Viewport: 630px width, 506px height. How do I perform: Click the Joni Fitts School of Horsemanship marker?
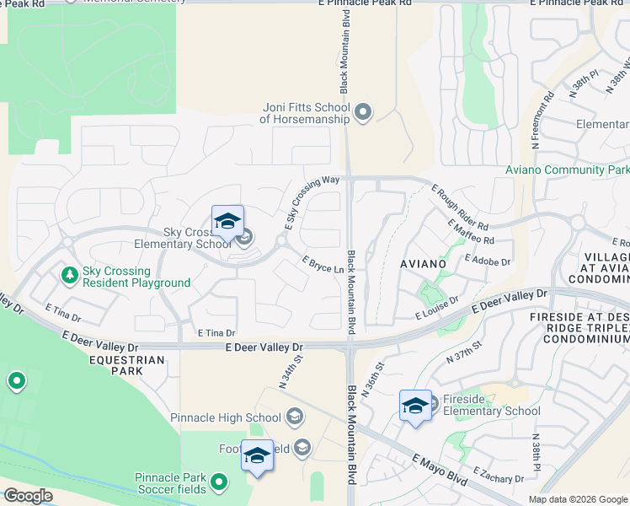click(x=364, y=112)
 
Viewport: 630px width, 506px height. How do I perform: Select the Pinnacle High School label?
click(x=226, y=417)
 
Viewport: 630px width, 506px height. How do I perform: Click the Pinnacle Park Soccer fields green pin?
click(x=219, y=482)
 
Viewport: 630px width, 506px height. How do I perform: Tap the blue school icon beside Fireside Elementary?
click(x=415, y=406)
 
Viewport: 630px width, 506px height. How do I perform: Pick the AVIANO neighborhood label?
click(x=423, y=264)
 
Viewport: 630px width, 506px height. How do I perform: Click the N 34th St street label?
click(x=291, y=372)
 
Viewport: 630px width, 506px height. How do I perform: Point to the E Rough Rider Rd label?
click(x=459, y=207)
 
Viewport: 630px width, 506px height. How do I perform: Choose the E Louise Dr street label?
click(x=437, y=308)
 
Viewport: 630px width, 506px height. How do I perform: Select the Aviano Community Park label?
click(x=567, y=170)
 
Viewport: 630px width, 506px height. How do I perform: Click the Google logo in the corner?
click(x=28, y=496)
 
